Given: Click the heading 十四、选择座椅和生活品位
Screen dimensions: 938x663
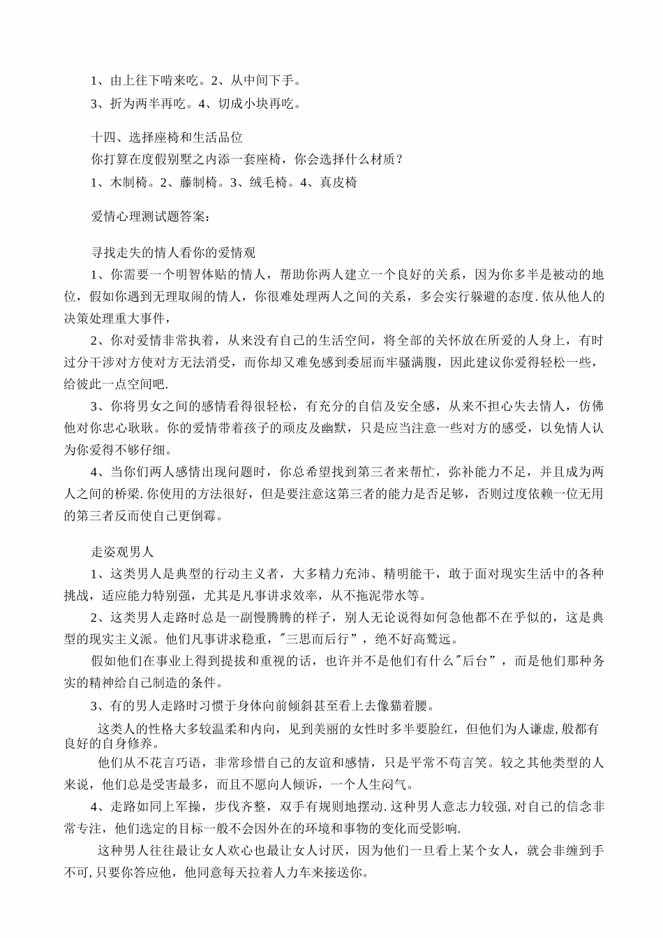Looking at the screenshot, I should click(x=167, y=138).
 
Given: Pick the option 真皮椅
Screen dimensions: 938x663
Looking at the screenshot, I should click(x=338, y=182).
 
